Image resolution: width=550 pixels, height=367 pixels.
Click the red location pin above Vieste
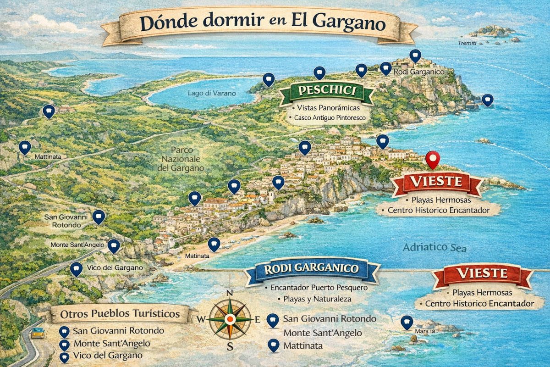point(432,159)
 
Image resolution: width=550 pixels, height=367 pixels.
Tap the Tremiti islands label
point(467,43)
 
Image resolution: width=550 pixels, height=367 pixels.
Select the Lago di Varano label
point(212,93)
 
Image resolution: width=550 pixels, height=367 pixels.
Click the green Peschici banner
point(327,91)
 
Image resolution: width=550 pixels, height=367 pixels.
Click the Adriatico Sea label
point(434,248)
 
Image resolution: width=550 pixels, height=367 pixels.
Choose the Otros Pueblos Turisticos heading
point(120,315)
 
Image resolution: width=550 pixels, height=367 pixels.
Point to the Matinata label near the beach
point(197,256)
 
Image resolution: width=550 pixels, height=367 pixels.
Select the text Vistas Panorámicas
point(328,108)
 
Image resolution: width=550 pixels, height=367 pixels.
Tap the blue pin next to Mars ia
point(406,323)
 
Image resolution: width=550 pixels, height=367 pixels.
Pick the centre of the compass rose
point(230,319)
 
